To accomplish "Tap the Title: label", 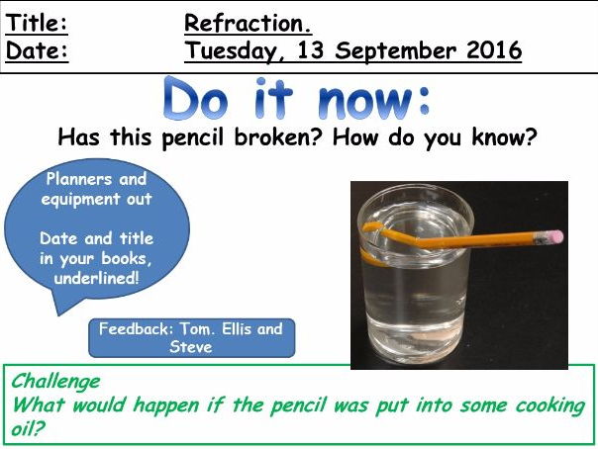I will tap(38, 24).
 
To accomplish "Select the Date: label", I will tap(38, 50).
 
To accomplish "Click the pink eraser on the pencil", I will tap(553, 237).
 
